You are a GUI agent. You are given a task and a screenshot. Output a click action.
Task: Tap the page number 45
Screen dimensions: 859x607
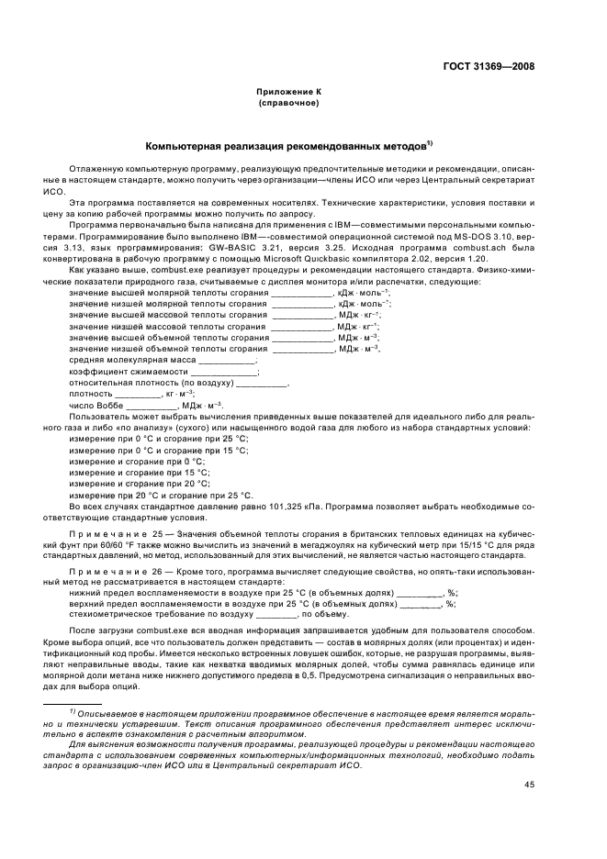tap(530, 784)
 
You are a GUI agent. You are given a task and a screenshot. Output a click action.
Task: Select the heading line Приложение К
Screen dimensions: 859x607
tap(289, 93)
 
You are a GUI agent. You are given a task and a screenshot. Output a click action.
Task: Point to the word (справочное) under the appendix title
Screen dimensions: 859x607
tap(289, 103)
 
